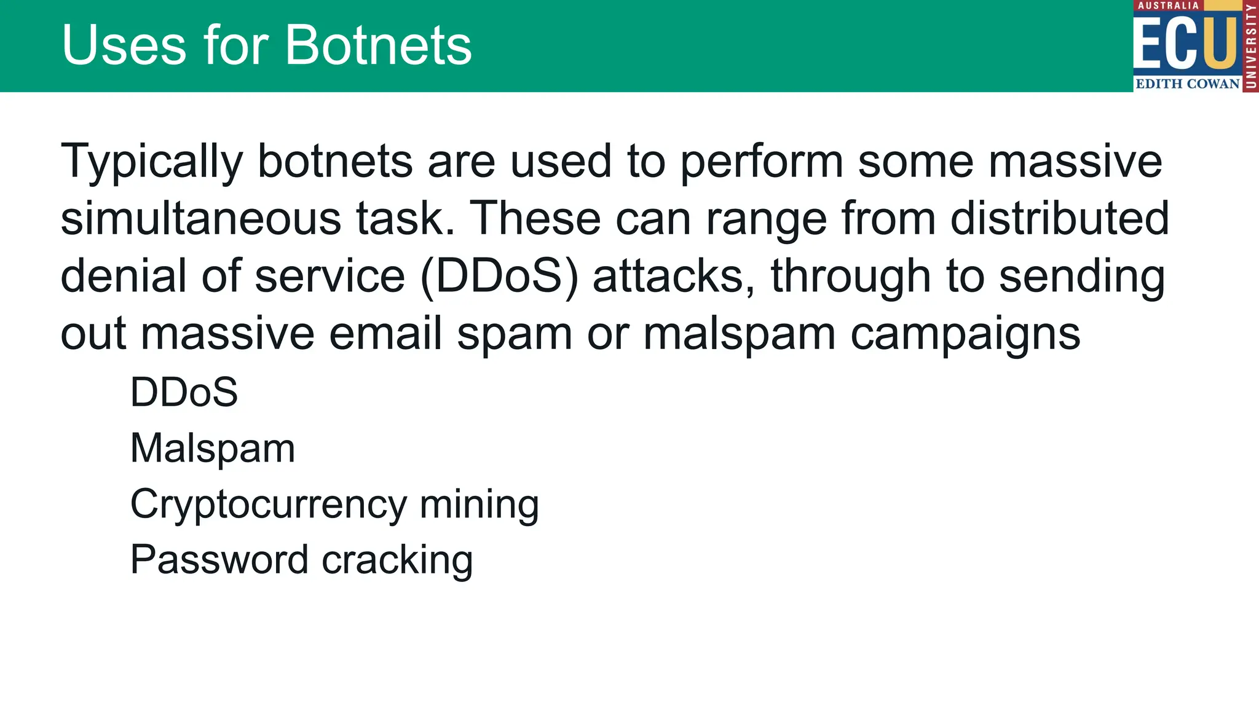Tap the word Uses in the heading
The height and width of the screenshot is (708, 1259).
pyautogui.click(x=124, y=45)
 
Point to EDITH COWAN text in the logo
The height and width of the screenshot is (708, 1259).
pyautogui.click(x=1187, y=84)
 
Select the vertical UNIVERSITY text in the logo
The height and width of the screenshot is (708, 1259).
pyautogui.click(x=1250, y=46)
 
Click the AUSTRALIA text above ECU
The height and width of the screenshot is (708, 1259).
pyautogui.click(x=1168, y=6)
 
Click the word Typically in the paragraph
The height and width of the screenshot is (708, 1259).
pyautogui.click(x=152, y=162)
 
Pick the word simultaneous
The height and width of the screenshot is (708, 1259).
pyautogui.click(x=201, y=219)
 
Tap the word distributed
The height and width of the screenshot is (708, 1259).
pyautogui.click(x=1059, y=219)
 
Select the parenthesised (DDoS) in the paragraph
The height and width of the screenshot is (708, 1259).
pyautogui.click(x=499, y=277)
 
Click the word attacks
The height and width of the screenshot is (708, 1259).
pyautogui.click(x=673, y=277)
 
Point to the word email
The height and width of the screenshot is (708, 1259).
pyautogui.click(x=386, y=334)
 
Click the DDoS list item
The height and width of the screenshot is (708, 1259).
pyautogui.click(x=184, y=392)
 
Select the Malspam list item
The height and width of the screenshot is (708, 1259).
pyautogui.click(x=213, y=449)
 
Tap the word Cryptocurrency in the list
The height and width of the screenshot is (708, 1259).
pyautogui.click(x=269, y=505)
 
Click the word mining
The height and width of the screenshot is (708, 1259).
pyautogui.click(x=479, y=505)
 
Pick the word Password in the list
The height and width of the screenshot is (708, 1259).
pyautogui.click(x=219, y=560)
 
